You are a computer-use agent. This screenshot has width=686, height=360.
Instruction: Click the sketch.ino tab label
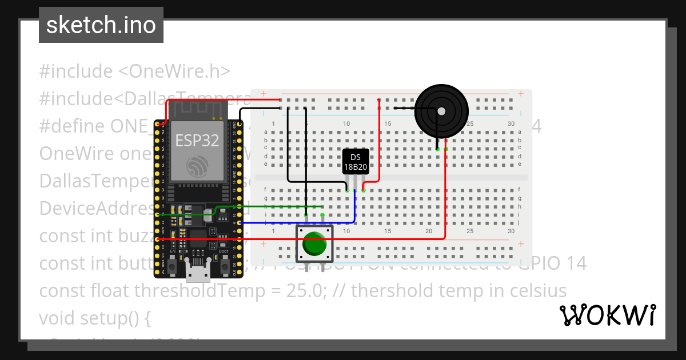[101, 25]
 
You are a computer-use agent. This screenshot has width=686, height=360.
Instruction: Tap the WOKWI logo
[607, 315]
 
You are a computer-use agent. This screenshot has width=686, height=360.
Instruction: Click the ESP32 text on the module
[197, 141]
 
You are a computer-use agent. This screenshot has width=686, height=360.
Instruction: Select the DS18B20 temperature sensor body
[356, 162]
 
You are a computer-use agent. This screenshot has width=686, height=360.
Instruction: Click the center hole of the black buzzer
[441, 111]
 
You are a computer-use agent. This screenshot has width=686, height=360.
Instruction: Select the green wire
[269, 207]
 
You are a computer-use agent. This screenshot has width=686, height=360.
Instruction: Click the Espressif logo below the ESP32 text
[197, 167]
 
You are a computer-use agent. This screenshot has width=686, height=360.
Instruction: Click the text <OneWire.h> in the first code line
[174, 71]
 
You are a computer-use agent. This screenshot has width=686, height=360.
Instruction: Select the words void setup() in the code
[94, 318]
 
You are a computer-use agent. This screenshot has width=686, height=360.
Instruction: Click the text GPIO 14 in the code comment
[553, 263]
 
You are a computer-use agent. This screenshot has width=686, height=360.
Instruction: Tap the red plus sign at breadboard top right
[520, 94]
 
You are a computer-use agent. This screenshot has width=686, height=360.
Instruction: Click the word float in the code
[110, 291]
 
